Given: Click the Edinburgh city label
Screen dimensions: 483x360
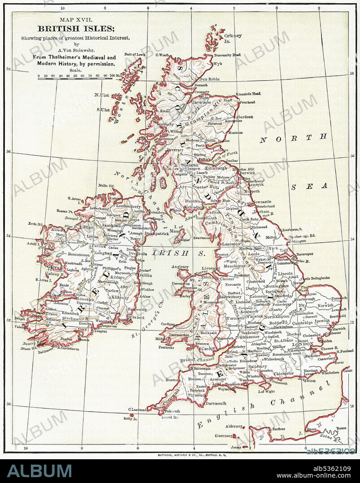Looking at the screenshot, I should (x=216, y=168).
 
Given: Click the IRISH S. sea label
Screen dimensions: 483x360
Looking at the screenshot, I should (x=178, y=253).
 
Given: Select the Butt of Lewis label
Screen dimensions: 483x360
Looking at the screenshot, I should (x=135, y=54).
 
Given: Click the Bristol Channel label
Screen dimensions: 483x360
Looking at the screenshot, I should (x=197, y=360).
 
